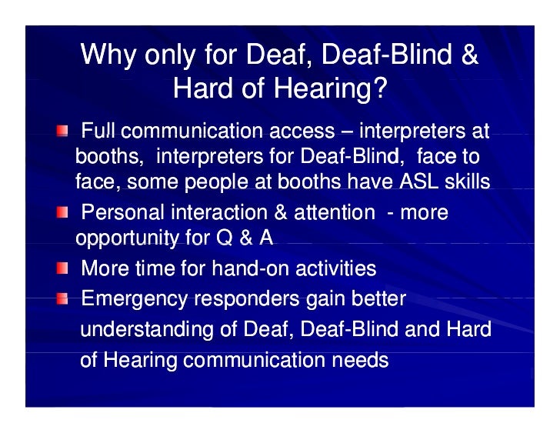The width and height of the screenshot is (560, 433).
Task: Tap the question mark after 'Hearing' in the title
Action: pyautogui.click(x=378, y=88)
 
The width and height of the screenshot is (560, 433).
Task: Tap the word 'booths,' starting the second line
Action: pyautogui.click(x=109, y=157)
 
